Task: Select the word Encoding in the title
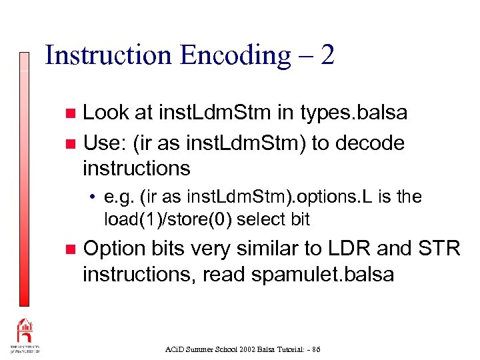click(x=231, y=55)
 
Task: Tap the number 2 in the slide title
click(x=327, y=55)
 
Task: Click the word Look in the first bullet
click(x=107, y=113)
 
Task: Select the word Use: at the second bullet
click(x=102, y=143)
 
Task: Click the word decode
click(x=372, y=143)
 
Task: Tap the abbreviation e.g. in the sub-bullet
click(x=119, y=197)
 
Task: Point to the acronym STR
click(x=439, y=248)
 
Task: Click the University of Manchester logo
click(x=25, y=336)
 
